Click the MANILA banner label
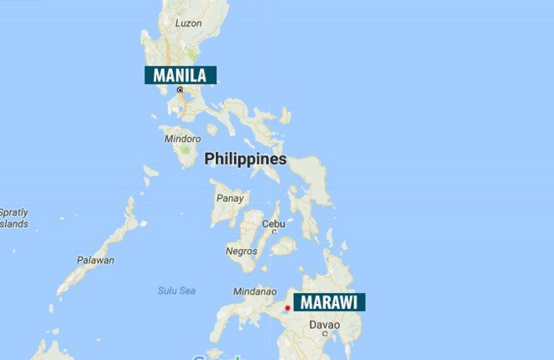coord(180,75)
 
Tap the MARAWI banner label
coord(328,302)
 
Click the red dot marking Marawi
coord(287,308)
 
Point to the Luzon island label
coord(188,23)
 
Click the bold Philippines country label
coord(245,159)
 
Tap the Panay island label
coord(230,199)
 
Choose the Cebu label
coord(274,224)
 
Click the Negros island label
coord(241,251)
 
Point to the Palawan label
coord(95,260)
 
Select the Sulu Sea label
coord(176,290)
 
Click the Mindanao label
coord(254,292)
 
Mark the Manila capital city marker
coord(179,89)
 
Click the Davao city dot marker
coord(326,334)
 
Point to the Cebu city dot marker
coord(274,232)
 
